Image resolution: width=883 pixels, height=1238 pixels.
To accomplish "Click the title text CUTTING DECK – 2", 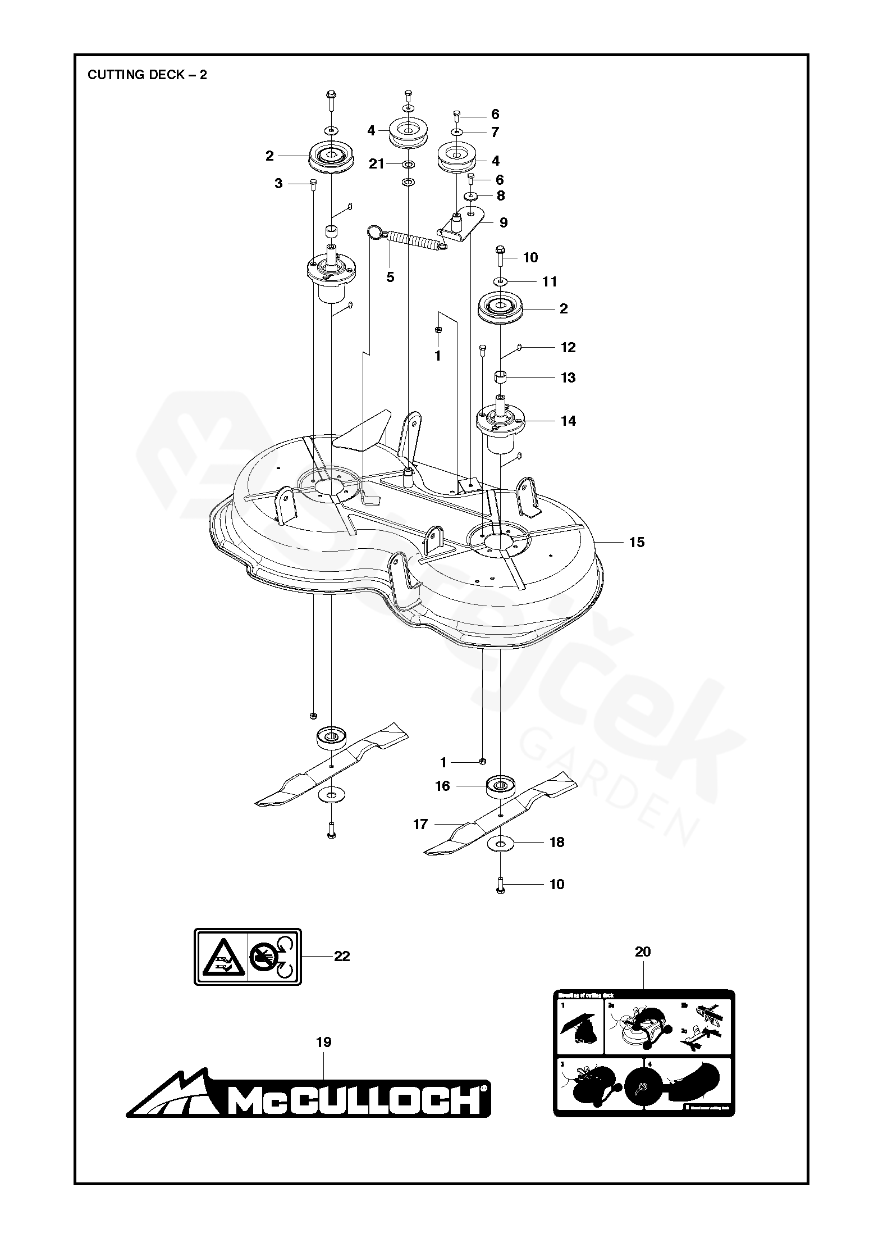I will [x=147, y=75].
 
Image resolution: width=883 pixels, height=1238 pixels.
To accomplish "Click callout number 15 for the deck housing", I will [x=637, y=542].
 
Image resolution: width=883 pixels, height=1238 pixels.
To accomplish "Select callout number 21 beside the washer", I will [x=376, y=164].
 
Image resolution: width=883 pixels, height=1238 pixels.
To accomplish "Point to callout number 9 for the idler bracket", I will [x=504, y=222].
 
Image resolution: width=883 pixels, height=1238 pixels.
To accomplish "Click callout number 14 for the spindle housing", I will [x=568, y=421].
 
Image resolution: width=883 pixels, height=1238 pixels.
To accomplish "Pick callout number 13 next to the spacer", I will [x=568, y=377].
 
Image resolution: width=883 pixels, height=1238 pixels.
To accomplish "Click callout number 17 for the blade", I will [x=420, y=824].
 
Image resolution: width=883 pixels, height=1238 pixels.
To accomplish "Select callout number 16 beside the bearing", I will [x=443, y=786].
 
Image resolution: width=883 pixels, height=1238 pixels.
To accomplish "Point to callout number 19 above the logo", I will [x=324, y=1042].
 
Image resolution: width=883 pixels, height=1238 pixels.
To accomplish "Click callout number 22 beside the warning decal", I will [x=342, y=956].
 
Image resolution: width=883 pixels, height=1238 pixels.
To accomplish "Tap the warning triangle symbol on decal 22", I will [x=221, y=956].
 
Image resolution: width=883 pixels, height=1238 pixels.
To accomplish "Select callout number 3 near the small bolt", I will [x=278, y=184].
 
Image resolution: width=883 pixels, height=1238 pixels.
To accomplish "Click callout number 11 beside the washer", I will [x=550, y=281].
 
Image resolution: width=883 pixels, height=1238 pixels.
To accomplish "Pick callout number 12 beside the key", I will [x=568, y=347].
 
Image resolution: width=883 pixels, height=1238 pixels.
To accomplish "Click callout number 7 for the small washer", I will [x=495, y=132].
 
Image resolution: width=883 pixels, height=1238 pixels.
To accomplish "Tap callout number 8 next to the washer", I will [x=500, y=195].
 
